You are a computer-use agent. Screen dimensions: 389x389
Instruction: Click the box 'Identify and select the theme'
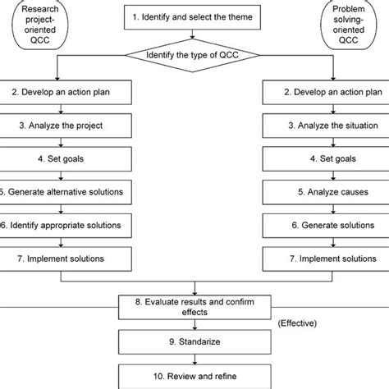[x=194, y=16]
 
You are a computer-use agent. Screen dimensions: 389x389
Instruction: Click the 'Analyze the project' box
[x=66, y=126]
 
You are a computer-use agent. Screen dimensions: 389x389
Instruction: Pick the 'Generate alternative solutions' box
[x=66, y=192]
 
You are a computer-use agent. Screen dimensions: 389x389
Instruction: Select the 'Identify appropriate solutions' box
[x=66, y=224]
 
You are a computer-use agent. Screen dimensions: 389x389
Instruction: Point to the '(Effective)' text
[x=300, y=323]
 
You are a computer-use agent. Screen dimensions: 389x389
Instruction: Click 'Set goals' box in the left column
[x=66, y=159]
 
